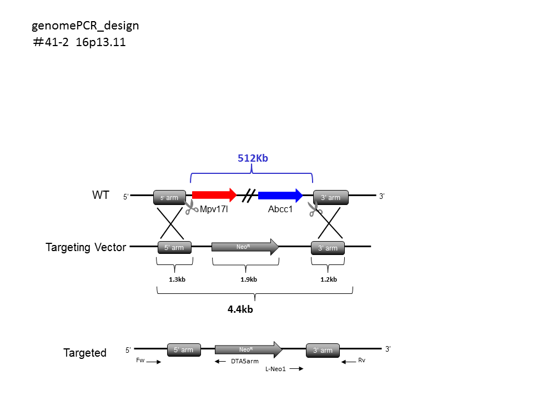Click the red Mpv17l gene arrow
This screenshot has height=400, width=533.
pos(214,195)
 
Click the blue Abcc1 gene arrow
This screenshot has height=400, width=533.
pos(280,195)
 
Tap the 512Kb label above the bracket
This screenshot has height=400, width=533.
pos(253,158)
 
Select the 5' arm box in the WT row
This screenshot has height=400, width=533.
pos(170,198)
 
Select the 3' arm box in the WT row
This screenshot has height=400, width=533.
pos(331,198)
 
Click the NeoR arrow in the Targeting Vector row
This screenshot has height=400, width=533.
pos(245,247)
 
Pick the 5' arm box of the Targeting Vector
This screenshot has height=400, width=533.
pos(174,248)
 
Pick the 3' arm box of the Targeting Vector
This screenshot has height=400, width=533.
pos(328,248)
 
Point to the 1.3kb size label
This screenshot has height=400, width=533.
pos(177,279)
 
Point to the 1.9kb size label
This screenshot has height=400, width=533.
pos(249,279)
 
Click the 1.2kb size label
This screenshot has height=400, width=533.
pos(329,279)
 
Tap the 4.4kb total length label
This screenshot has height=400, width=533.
pos(240,309)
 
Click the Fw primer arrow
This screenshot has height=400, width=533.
pos(154,362)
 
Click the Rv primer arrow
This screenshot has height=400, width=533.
pos(349,362)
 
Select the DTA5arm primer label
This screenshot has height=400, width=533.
pos(245,361)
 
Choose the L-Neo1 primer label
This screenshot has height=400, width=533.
pos(276,369)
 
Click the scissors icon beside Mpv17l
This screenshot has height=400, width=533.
pos(192,207)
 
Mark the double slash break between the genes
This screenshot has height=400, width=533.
pos(249,196)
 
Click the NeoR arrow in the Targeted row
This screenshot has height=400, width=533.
pos(249,349)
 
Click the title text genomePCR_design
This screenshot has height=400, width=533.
pos(86,26)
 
